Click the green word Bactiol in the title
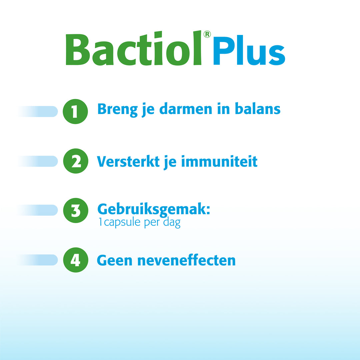click(x=133, y=49)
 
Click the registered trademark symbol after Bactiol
click(x=207, y=34)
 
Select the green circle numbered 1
click(x=75, y=111)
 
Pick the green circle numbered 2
click(x=75, y=161)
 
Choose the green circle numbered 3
click(x=75, y=210)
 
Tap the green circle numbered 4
click(x=75, y=260)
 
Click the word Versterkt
click(x=127, y=162)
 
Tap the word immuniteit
click(x=219, y=162)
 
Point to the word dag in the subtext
click(x=172, y=223)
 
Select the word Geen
click(x=114, y=260)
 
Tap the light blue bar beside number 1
click(x=40, y=111)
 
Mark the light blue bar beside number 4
click(x=40, y=260)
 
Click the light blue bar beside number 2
click(x=40, y=161)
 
